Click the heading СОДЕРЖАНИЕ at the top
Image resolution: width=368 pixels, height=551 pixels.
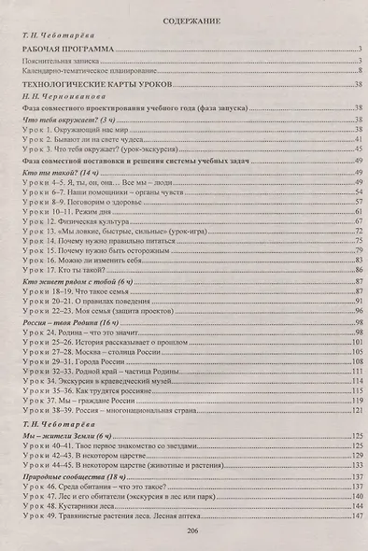click(x=184, y=19)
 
